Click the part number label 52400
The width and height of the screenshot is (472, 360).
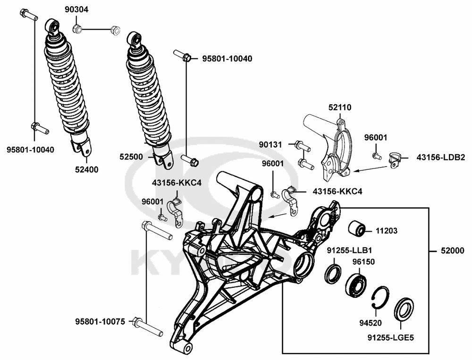tap(86, 170)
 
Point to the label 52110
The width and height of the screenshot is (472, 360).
tap(340, 108)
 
